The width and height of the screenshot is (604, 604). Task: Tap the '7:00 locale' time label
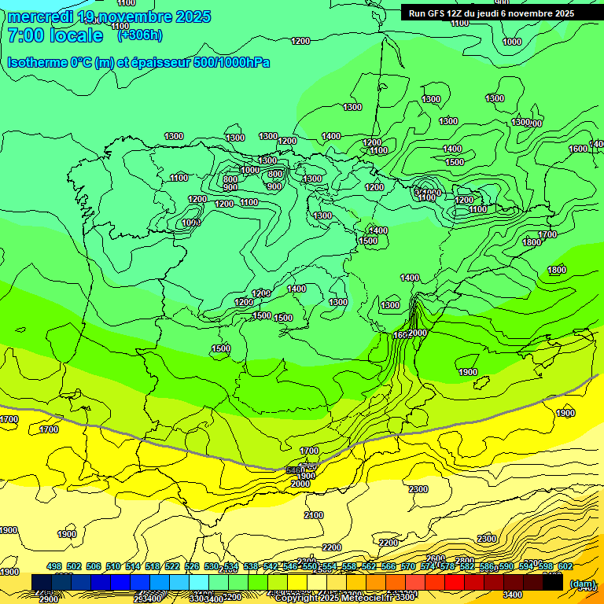click(x=55, y=35)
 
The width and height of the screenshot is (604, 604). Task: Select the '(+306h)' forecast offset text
click(x=140, y=35)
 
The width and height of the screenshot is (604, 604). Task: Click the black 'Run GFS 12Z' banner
click(x=492, y=13)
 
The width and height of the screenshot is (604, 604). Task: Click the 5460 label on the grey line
click(x=295, y=470)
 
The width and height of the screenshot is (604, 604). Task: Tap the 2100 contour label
click(x=314, y=515)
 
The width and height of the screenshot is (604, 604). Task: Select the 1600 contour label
click(x=578, y=149)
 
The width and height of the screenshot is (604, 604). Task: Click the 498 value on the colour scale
click(x=54, y=566)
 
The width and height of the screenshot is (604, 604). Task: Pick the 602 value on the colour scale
click(x=565, y=566)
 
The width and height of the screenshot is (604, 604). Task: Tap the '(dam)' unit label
click(x=582, y=584)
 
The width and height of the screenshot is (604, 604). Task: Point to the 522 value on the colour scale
click(x=172, y=566)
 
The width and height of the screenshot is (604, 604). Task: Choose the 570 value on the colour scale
click(x=408, y=566)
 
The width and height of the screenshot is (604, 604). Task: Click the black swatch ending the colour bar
click(x=553, y=582)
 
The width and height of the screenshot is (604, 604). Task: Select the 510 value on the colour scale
click(x=113, y=566)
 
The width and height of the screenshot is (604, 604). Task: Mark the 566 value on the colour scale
click(x=389, y=566)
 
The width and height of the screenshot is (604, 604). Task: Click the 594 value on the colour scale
click(x=526, y=566)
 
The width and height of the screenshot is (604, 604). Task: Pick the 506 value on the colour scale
click(x=94, y=566)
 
